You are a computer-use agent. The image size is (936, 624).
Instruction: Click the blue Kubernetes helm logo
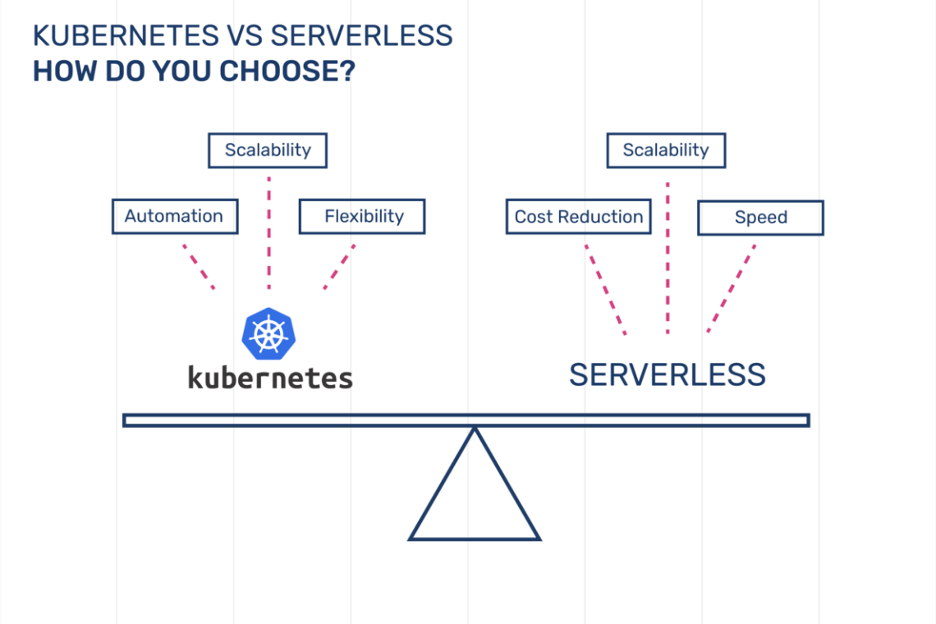[x=268, y=334]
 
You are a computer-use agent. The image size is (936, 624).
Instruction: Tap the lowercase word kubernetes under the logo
[x=270, y=378]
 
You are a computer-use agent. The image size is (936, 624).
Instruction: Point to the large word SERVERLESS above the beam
[x=668, y=375]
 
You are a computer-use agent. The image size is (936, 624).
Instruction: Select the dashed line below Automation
[x=198, y=266]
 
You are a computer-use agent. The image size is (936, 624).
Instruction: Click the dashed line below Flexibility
[x=340, y=266]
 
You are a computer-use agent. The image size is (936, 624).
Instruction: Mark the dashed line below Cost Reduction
[x=606, y=290]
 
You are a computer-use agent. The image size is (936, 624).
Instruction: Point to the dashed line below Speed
[x=732, y=288]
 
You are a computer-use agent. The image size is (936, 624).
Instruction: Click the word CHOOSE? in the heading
[x=287, y=71]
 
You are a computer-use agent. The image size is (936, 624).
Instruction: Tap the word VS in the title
[x=245, y=36]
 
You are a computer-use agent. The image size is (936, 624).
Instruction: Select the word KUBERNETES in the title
[x=126, y=36]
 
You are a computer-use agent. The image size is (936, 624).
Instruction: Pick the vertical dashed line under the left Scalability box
[x=269, y=233]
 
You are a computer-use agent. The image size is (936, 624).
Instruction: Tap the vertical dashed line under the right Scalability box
[x=668, y=258]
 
